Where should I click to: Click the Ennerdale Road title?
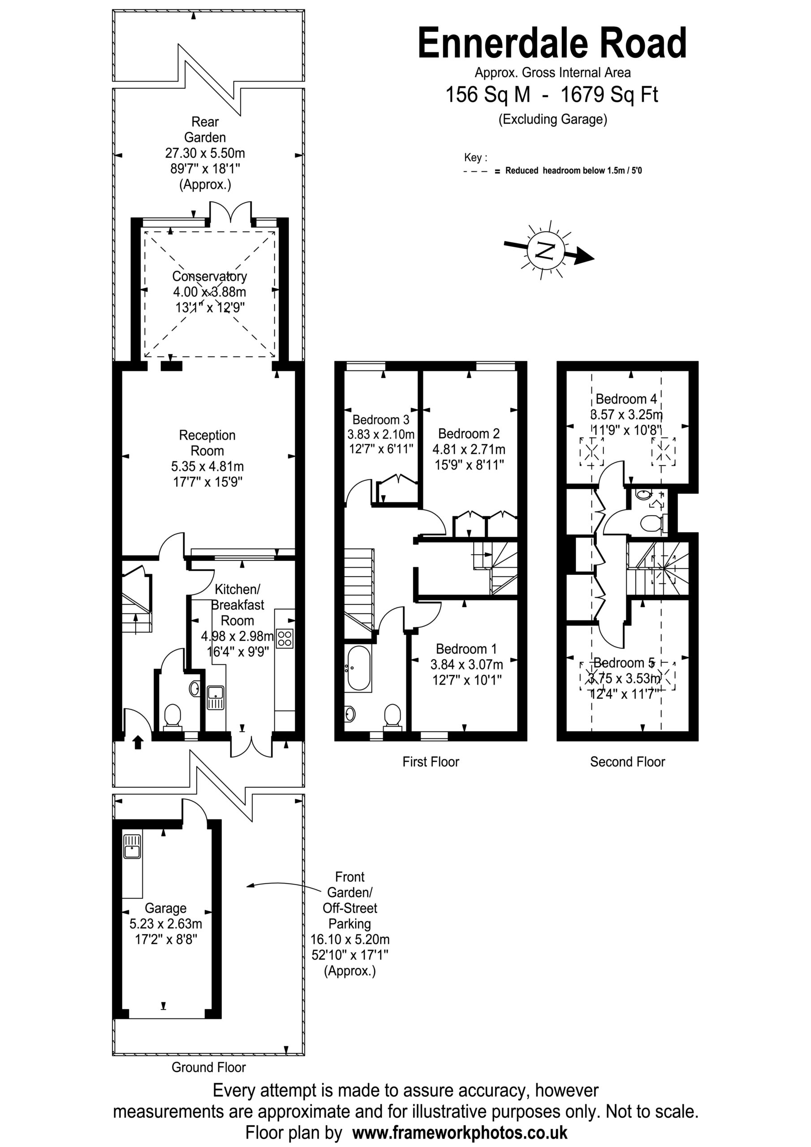coord(552,43)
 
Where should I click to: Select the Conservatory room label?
coord(209,276)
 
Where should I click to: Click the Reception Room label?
coord(207,443)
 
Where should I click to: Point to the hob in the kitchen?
coord(285,638)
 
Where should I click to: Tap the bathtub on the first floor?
coord(358,668)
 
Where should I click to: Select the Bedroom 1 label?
coord(466,649)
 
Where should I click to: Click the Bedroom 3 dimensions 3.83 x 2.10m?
coord(381,434)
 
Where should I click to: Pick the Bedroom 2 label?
coord(469,434)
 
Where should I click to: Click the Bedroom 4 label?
coord(626,399)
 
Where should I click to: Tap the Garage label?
coord(165,908)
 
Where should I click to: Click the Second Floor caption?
coord(627,762)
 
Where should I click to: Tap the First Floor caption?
coord(431,762)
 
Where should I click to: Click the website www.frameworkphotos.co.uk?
coord(460,1132)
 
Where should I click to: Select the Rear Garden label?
coord(205,129)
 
